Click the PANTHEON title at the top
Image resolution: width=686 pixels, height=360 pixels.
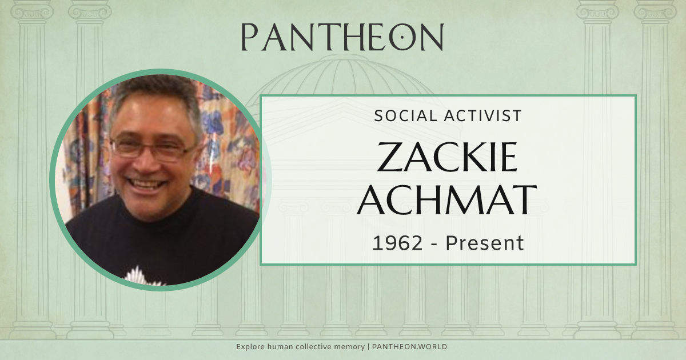pyautogui.click(x=342, y=37)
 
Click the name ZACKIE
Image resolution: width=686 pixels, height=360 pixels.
pyautogui.click(x=447, y=158)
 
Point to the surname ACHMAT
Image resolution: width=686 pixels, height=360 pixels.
pyautogui.click(x=447, y=201)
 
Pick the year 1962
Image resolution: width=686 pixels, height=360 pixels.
pyautogui.click(x=397, y=243)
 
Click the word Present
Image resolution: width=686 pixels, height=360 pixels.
pyautogui.click(x=485, y=243)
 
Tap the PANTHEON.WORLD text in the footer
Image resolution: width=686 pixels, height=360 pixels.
pyautogui.click(x=410, y=347)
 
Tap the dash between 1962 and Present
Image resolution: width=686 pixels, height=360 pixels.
pyautogui.click(x=434, y=244)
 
